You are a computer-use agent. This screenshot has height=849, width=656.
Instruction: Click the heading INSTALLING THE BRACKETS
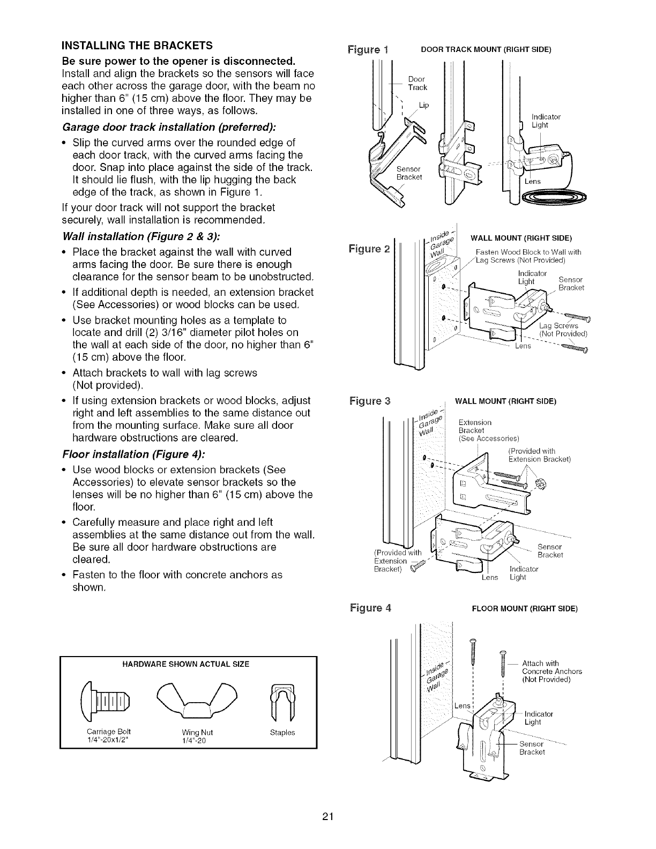pyautogui.click(x=137, y=44)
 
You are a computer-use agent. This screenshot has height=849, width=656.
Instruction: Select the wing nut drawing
pyautogui.click(x=188, y=696)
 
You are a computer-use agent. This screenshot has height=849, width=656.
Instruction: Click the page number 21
pyautogui.click(x=328, y=817)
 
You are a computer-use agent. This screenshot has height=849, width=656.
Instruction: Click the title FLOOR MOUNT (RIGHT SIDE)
pyautogui.click(x=524, y=609)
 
